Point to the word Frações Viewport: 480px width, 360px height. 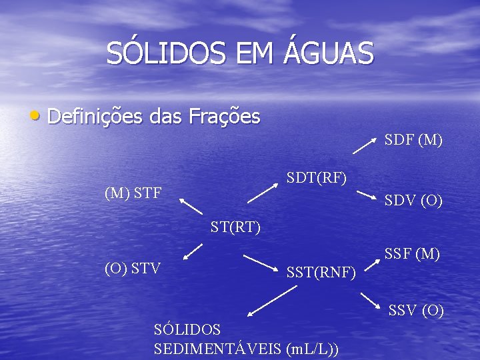[x=224, y=117]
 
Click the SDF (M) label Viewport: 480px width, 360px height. [x=413, y=140]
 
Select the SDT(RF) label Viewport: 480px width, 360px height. [x=316, y=177]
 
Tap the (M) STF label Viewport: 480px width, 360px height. [x=133, y=194]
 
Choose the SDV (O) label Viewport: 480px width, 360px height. [x=413, y=201]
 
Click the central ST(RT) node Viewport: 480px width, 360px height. [x=235, y=227]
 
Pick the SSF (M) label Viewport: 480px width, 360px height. [x=412, y=254]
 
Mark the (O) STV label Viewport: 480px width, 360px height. [x=133, y=269]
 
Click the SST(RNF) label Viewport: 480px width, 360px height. [x=321, y=271]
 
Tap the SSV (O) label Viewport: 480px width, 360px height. [x=416, y=310]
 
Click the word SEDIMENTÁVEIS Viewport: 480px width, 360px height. [x=217, y=349]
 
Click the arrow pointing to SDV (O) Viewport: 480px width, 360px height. [x=366, y=195]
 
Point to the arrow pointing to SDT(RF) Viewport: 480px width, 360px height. [x=262, y=193]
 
